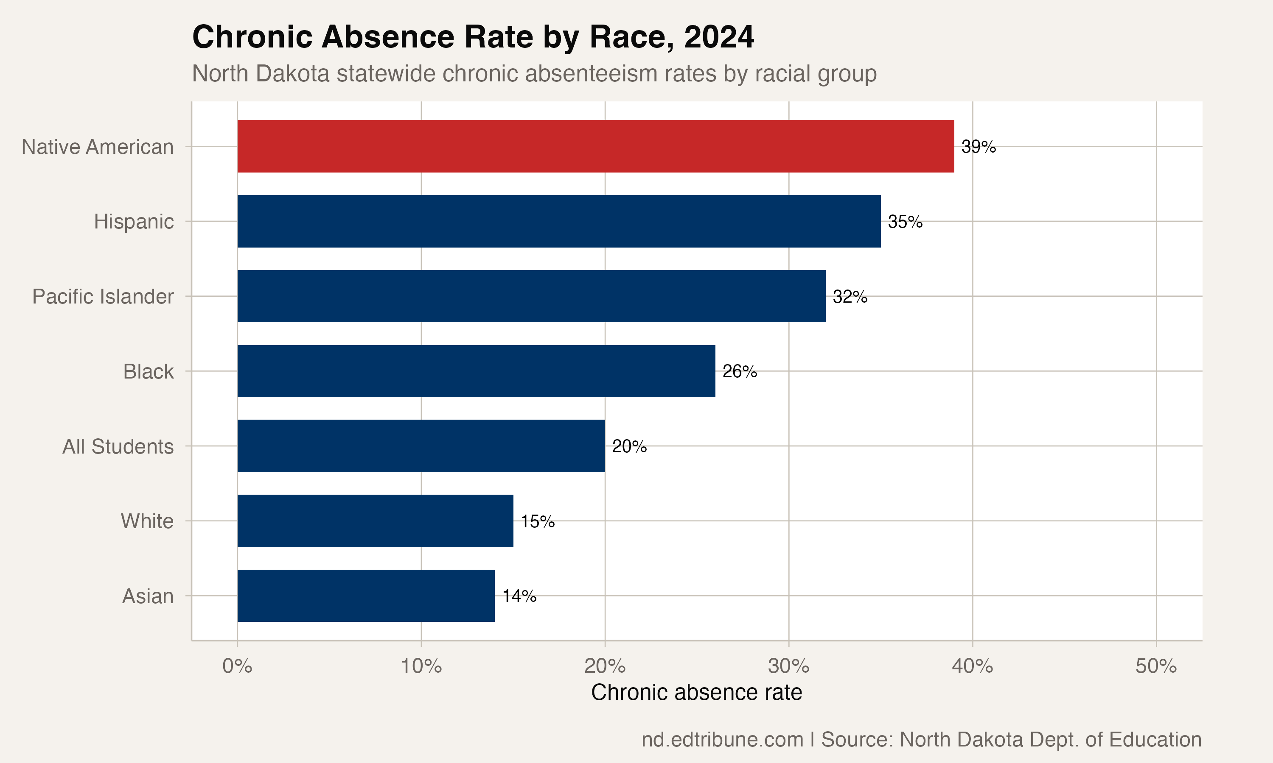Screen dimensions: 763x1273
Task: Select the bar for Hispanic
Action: coord(559,221)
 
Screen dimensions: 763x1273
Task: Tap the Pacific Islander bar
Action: coord(531,296)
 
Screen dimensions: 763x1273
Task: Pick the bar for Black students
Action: coord(476,371)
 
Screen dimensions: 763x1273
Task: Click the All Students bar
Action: coord(421,446)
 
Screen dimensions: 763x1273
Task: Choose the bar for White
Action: coord(375,521)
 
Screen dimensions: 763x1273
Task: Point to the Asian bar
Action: coord(366,596)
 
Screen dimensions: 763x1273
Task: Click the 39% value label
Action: coord(978,147)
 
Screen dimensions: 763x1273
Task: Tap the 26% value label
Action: coord(740,371)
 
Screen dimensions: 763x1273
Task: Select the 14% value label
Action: coord(519,596)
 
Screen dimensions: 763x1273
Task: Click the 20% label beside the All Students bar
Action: coord(629,446)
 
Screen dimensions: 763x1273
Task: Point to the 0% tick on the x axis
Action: coord(237,666)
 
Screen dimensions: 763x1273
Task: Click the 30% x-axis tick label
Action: coord(788,666)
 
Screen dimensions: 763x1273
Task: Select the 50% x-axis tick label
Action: coord(1156,666)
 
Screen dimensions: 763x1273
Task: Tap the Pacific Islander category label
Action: coord(103,297)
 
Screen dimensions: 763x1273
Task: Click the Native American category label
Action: coord(97,147)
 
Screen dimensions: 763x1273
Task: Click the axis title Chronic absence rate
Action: coord(696,693)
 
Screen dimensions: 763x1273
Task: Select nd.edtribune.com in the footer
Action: coord(722,739)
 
